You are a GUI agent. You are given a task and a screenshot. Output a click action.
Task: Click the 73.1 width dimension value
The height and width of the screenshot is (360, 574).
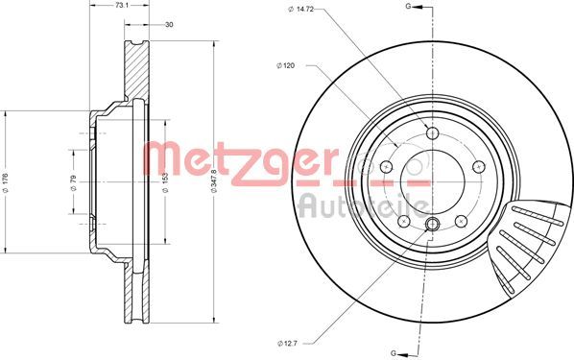pos(120,6)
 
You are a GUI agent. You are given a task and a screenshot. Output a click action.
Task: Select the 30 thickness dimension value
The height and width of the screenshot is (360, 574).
pos(169,25)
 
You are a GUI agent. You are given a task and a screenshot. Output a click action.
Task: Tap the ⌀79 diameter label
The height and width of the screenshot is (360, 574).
pos(73,183)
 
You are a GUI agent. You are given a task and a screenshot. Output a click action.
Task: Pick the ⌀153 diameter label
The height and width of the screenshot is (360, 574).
pos(165,182)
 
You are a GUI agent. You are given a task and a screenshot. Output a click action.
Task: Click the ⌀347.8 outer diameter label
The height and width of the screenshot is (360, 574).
pos(214,180)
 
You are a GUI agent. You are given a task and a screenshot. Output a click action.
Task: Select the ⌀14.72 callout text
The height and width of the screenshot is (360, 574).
pos(300,10)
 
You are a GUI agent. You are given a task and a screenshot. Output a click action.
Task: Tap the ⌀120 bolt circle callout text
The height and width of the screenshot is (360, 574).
pos(285,65)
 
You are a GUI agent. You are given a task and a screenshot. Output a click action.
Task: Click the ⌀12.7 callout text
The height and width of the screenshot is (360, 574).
pos(287,343)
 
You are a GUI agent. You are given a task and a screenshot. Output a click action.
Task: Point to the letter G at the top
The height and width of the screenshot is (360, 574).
pos(408,6)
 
